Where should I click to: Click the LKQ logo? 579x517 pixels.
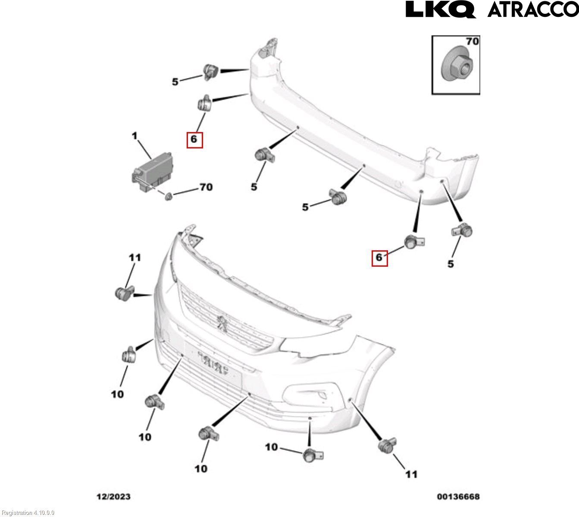[x=440, y=9]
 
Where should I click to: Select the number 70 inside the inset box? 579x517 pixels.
[x=473, y=41]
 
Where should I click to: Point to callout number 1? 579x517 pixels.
[x=135, y=136]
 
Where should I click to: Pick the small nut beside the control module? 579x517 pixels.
[x=169, y=196]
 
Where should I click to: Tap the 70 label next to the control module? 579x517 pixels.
[x=206, y=187]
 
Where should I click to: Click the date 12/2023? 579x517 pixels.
[x=113, y=497]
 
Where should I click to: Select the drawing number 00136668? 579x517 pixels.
[x=458, y=497]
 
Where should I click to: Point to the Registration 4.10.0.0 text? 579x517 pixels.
[x=28, y=513]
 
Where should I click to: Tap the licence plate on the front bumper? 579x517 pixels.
[x=213, y=363]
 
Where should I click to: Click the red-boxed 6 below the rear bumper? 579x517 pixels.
[x=379, y=258]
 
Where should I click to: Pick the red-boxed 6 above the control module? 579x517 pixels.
[x=194, y=139]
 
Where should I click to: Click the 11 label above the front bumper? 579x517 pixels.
[x=135, y=258]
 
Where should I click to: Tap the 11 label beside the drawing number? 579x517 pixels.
[x=411, y=474]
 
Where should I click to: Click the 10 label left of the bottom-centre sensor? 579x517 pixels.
[x=271, y=447]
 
